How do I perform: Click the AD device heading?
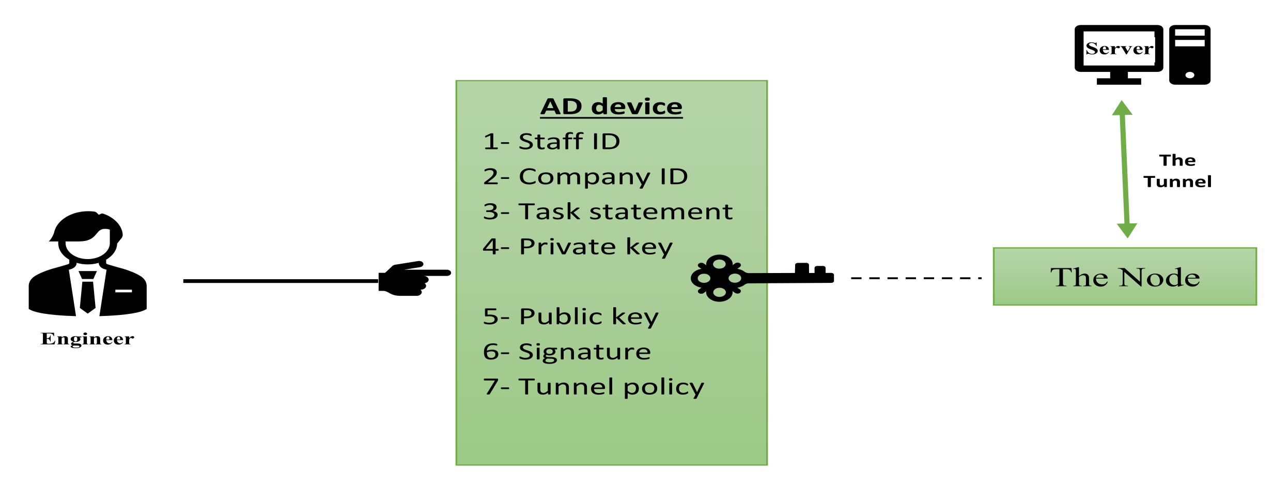point(611,107)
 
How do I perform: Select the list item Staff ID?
point(551,142)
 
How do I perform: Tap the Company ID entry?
point(585,177)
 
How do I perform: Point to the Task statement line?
point(608,211)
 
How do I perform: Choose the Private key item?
point(578,247)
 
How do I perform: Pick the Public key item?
point(570,316)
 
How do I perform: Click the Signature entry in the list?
point(567,352)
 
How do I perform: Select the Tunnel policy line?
point(593,387)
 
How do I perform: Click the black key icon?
point(759,278)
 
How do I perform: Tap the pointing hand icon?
point(411,279)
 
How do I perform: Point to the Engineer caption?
point(87,339)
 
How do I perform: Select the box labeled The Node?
point(1125,277)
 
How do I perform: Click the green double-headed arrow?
point(1124,169)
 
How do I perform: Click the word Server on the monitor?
point(1119,49)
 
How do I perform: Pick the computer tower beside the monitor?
point(1189,55)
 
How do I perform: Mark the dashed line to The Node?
point(916,278)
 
